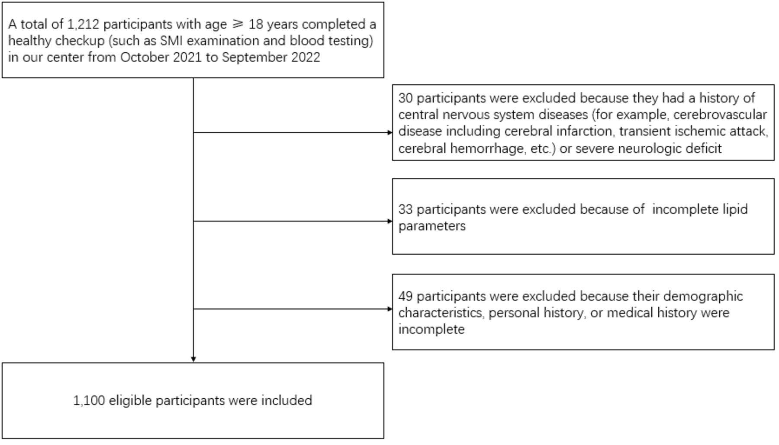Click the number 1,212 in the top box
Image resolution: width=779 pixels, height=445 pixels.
pyautogui.click(x=84, y=24)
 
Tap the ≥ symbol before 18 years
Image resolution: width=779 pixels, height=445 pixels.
pyautogui.click(x=238, y=24)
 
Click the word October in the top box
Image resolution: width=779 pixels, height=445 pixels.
pyautogui.click(x=145, y=57)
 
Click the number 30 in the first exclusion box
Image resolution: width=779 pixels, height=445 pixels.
pyautogui.click(x=406, y=98)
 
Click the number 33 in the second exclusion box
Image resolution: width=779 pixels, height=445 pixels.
pyautogui.click(x=406, y=209)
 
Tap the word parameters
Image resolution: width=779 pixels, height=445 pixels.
pyautogui.click(x=432, y=226)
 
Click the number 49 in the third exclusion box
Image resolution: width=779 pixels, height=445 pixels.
pyautogui.click(x=406, y=296)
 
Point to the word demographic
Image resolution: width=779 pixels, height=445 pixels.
pyautogui.click(x=703, y=296)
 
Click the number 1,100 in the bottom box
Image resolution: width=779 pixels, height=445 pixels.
pyautogui.click(x=89, y=400)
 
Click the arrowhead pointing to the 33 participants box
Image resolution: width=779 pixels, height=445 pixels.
pyautogui.click(x=390, y=221)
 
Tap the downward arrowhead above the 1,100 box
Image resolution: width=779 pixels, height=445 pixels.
pyautogui.click(x=193, y=359)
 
